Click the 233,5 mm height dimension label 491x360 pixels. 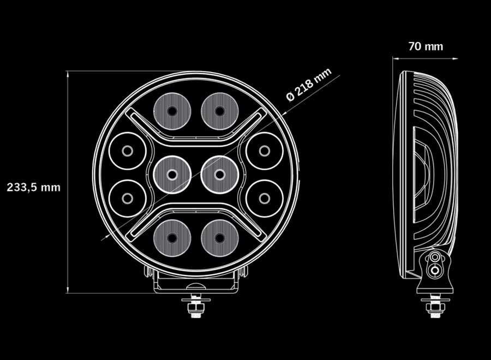(x=33, y=187)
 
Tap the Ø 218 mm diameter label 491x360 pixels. (x=309, y=85)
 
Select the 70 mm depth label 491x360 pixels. (x=426, y=46)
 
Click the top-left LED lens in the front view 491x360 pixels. (x=172, y=111)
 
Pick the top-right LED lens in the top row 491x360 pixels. (x=219, y=111)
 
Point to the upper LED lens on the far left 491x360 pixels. (x=127, y=151)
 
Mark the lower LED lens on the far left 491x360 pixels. (x=127, y=197)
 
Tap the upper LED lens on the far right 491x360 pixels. (x=264, y=151)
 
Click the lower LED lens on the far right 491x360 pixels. (x=264, y=197)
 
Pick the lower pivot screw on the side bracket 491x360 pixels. (x=435, y=269)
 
